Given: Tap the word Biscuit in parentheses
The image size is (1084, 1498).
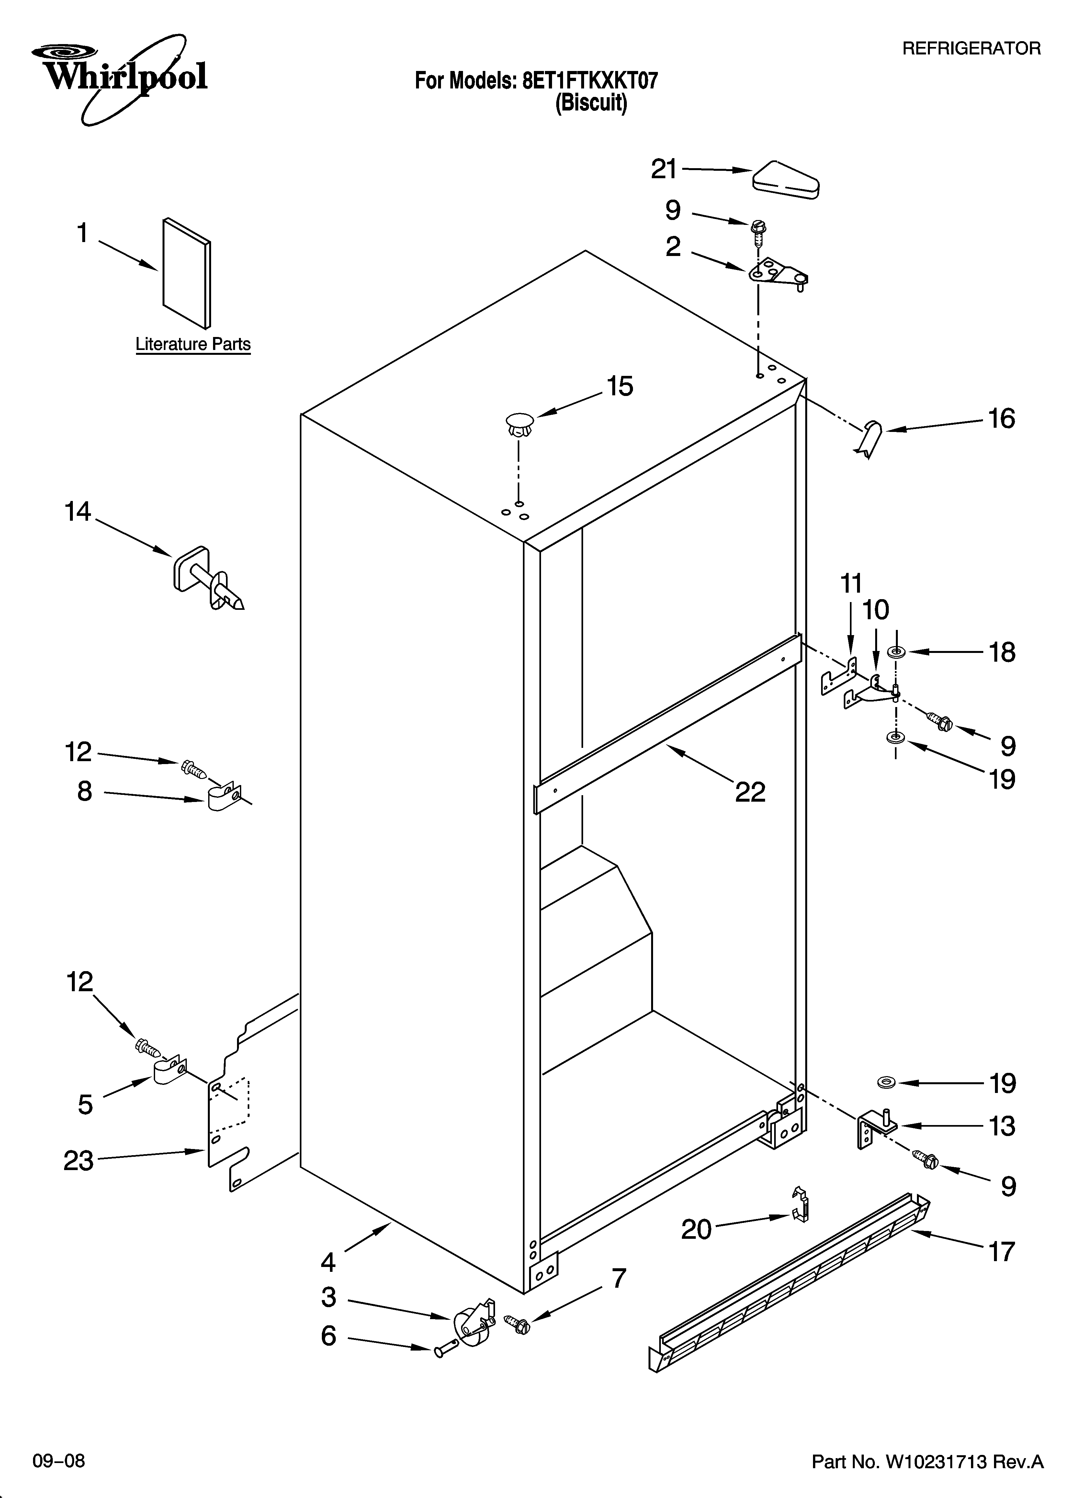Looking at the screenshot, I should (x=591, y=104).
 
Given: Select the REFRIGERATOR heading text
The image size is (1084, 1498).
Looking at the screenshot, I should (x=971, y=48).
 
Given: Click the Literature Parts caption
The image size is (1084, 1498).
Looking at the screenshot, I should (x=193, y=344).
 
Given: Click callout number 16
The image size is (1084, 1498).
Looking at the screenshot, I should (x=1001, y=419).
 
